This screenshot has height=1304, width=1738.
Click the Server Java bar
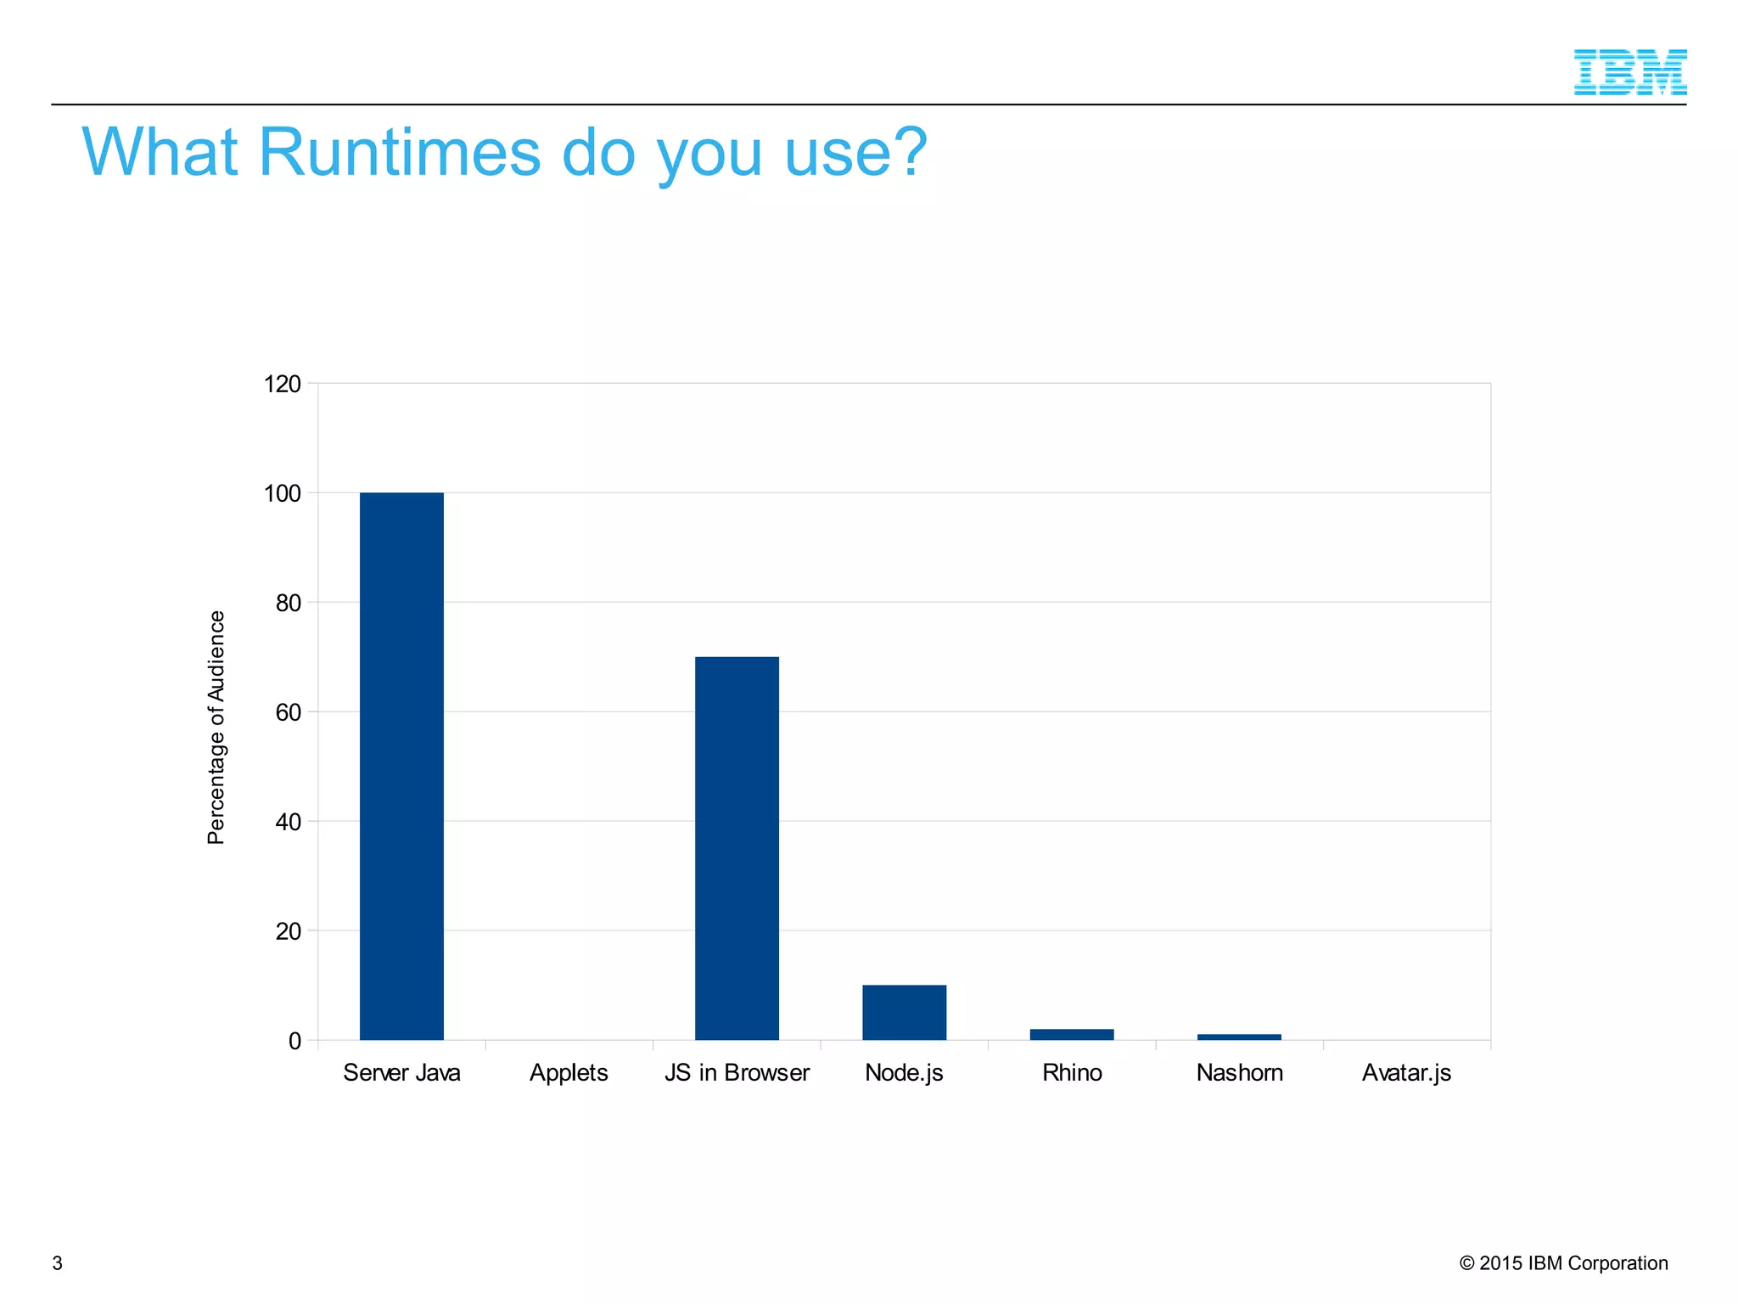[401, 766]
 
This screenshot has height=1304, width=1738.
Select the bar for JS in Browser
[737, 848]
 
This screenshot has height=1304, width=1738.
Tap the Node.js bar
[904, 1012]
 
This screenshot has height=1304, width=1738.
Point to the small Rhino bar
[1072, 1034]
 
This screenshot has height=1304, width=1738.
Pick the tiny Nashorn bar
[1239, 1037]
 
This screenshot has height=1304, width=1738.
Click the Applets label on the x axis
[569, 1073]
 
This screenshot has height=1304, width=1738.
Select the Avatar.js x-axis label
[1406, 1073]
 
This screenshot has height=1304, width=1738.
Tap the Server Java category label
[401, 1073]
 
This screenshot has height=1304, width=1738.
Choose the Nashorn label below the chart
[1239, 1073]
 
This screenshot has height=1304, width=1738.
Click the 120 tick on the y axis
[283, 385]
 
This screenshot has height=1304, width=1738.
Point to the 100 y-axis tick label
[283, 493]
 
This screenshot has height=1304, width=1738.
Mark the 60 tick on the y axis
[289, 712]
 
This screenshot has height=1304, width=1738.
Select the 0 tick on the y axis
[294, 1041]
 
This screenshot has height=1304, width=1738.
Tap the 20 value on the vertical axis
[289, 931]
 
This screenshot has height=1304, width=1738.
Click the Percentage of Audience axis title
[216, 728]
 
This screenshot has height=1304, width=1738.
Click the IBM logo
[1629, 72]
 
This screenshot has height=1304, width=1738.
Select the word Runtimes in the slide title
[399, 153]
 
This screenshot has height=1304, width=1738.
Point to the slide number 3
[58, 1263]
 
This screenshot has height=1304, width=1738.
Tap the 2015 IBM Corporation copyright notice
[1563, 1263]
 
